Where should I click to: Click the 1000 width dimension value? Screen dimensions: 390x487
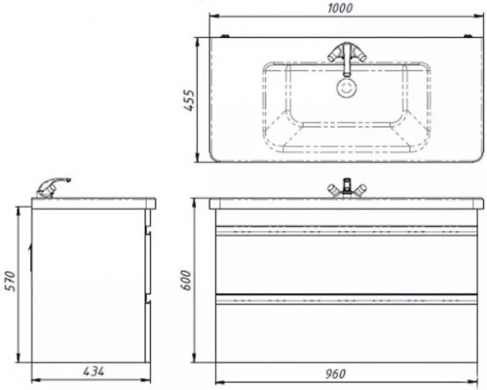(340, 8)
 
